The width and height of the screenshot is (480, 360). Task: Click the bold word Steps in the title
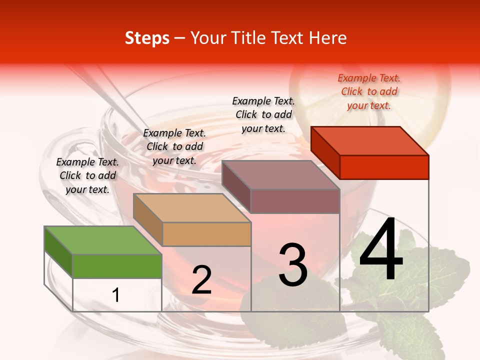point(147,38)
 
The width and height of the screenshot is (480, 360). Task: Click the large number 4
point(381,250)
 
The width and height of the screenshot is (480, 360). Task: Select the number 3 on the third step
point(293,265)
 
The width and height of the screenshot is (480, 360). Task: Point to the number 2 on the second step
point(201,280)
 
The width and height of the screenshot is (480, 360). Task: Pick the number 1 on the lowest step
point(116,295)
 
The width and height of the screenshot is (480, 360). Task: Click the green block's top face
point(102,240)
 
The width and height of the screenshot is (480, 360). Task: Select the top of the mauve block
point(280,174)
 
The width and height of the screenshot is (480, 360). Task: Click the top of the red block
point(369,140)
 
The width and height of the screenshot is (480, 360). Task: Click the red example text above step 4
point(369,91)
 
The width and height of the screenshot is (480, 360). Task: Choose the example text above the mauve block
point(263,114)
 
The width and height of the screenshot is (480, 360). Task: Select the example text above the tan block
point(174,146)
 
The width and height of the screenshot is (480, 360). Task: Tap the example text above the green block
point(87,175)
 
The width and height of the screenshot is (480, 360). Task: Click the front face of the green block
point(117,266)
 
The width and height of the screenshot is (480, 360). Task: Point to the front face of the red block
point(384,167)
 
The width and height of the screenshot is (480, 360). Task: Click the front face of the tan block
point(206,234)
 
